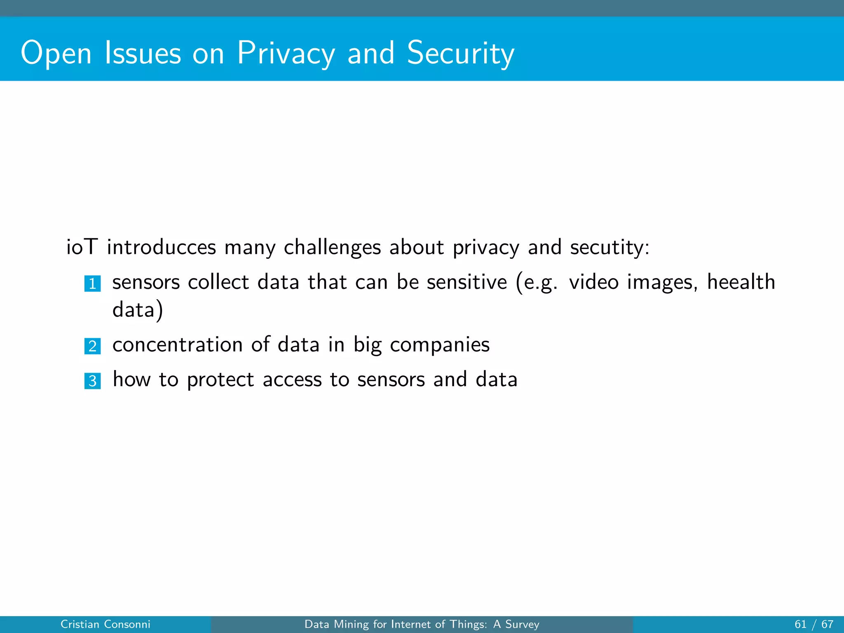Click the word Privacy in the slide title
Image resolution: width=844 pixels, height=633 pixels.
(x=286, y=53)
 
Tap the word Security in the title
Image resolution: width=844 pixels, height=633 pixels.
(x=460, y=53)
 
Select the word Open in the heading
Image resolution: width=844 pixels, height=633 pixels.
(x=56, y=53)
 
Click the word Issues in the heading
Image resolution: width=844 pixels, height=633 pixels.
(x=143, y=53)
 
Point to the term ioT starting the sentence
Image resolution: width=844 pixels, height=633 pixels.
(x=82, y=247)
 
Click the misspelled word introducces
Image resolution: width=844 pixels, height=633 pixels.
(x=161, y=247)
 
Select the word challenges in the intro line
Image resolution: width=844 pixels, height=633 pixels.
(x=332, y=247)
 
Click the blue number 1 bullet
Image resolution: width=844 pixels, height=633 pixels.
(x=92, y=284)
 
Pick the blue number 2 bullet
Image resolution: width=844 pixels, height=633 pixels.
(x=92, y=346)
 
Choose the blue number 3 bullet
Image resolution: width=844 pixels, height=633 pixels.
(x=92, y=381)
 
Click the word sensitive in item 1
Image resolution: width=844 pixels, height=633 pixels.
(x=467, y=282)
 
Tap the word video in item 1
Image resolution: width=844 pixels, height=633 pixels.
(x=593, y=282)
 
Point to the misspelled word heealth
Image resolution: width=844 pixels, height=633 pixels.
(x=741, y=282)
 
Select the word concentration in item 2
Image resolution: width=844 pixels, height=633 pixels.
(x=178, y=345)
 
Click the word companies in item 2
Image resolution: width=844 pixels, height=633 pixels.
(x=440, y=345)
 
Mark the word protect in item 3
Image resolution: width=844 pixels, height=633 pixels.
(x=220, y=380)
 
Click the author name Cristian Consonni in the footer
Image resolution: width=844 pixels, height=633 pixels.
(x=105, y=624)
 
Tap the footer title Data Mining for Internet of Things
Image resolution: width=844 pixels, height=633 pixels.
(x=422, y=624)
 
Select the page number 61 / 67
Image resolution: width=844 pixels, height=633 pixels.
(x=814, y=624)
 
